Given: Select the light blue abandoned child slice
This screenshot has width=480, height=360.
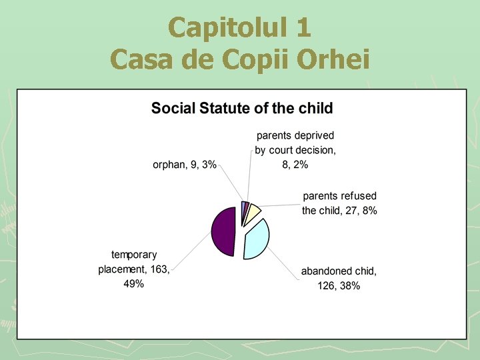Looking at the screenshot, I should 257,240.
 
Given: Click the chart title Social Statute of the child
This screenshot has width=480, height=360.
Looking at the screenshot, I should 241,108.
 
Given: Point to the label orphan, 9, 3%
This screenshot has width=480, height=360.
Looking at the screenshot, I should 185,165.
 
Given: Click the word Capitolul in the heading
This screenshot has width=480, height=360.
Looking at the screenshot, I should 220,28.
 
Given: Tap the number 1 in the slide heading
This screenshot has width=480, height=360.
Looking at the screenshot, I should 301,28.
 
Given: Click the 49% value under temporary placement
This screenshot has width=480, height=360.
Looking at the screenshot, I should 133,284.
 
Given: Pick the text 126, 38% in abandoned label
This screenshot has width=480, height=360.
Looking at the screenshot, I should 339,286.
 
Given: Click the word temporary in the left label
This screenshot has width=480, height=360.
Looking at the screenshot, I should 134,255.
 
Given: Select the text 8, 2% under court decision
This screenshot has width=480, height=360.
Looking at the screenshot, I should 295,165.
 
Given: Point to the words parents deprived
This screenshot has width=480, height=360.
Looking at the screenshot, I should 295,135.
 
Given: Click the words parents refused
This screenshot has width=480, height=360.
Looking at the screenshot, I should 339,196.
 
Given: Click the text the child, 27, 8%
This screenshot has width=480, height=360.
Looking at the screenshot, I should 339,211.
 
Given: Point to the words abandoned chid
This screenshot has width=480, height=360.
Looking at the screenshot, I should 339,271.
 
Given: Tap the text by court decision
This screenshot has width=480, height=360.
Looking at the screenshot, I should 295,150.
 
